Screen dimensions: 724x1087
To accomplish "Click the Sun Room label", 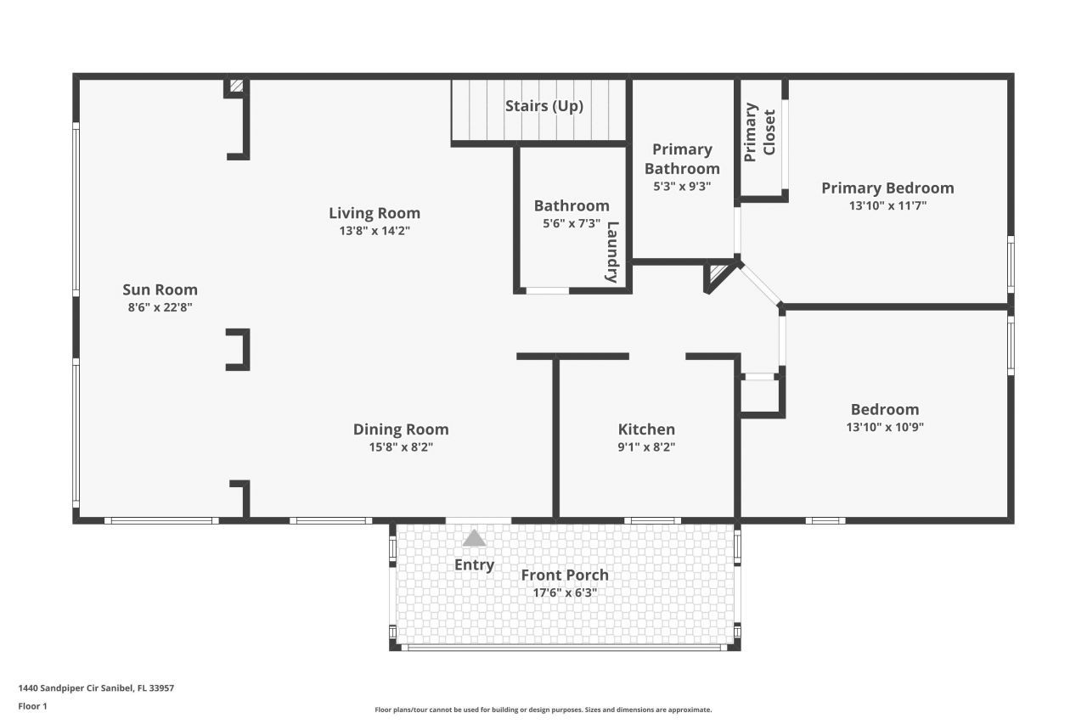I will (160, 289).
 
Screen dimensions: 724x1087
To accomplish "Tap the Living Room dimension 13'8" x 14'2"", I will (375, 230).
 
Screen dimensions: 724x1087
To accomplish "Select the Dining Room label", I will (401, 429).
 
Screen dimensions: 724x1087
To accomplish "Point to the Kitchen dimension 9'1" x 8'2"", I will (646, 446).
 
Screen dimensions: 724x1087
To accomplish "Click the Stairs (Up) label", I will (543, 106).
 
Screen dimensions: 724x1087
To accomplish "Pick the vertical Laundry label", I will (612, 251).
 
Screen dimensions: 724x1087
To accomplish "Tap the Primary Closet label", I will (760, 133).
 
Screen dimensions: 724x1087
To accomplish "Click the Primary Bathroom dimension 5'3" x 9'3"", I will (682, 187).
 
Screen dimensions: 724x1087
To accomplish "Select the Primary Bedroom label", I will (887, 188).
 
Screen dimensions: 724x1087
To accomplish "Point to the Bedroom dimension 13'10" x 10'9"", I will (885, 427).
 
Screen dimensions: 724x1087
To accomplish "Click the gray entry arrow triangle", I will (474, 538).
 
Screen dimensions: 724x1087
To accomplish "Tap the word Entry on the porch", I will (474, 564).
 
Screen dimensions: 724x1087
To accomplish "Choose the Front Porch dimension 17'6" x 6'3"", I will (565, 593).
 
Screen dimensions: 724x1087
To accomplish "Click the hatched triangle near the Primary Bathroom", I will (718, 274).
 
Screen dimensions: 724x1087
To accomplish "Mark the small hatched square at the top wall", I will (237, 86).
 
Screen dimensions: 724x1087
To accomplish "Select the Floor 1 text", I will (33, 705).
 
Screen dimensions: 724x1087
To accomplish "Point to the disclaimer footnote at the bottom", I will (543, 710).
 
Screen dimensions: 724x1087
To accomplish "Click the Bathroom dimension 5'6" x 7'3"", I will (572, 223).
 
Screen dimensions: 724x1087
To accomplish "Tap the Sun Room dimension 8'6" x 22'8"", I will (160, 308).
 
